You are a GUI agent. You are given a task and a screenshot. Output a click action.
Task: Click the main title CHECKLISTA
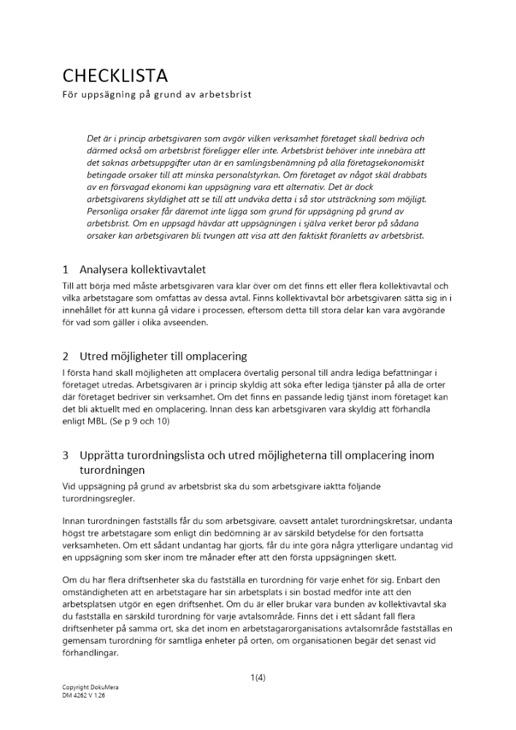click(115, 76)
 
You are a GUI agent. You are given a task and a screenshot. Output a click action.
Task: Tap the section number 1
click(65, 269)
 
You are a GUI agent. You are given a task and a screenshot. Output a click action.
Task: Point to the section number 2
click(65, 356)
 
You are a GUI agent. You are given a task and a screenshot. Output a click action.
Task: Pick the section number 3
click(65, 456)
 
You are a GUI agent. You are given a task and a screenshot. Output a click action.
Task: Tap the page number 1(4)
click(258, 677)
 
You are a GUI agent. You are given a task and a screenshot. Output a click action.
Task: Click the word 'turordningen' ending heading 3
click(113, 470)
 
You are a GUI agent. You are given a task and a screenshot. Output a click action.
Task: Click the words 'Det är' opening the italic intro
click(99, 138)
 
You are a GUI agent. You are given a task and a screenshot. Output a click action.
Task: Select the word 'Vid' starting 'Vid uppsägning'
click(69, 485)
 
